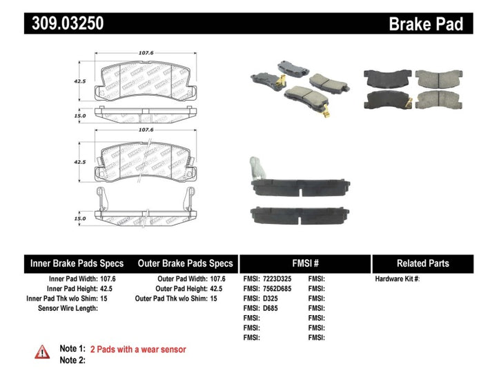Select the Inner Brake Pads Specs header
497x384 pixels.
(x=77, y=263)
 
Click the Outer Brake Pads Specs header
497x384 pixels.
(x=185, y=263)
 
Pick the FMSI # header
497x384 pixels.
(x=304, y=263)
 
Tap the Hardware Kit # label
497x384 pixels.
(x=398, y=279)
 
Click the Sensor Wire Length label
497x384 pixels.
(x=67, y=308)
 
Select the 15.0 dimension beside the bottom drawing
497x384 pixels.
(x=80, y=218)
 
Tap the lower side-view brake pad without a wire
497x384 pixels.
(x=304, y=215)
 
